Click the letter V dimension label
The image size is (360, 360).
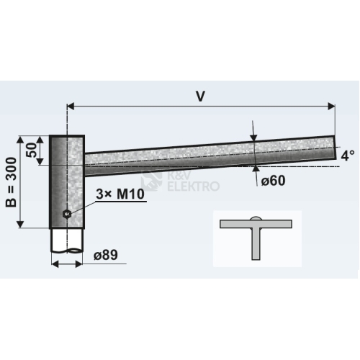click(x=200, y=96)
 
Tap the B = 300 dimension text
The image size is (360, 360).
click(x=12, y=182)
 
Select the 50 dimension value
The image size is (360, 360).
click(x=32, y=150)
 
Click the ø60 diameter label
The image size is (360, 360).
click(x=274, y=180)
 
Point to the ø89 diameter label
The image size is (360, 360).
click(x=106, y=255)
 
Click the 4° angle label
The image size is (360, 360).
click(x=348, y=156)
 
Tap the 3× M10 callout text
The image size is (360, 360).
click(x=120, y=194)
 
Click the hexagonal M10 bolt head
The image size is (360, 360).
click(x=66, y=213)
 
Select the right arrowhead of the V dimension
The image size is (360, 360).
click(x=331, y=106)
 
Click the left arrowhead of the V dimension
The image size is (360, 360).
click(x=71, y=106)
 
